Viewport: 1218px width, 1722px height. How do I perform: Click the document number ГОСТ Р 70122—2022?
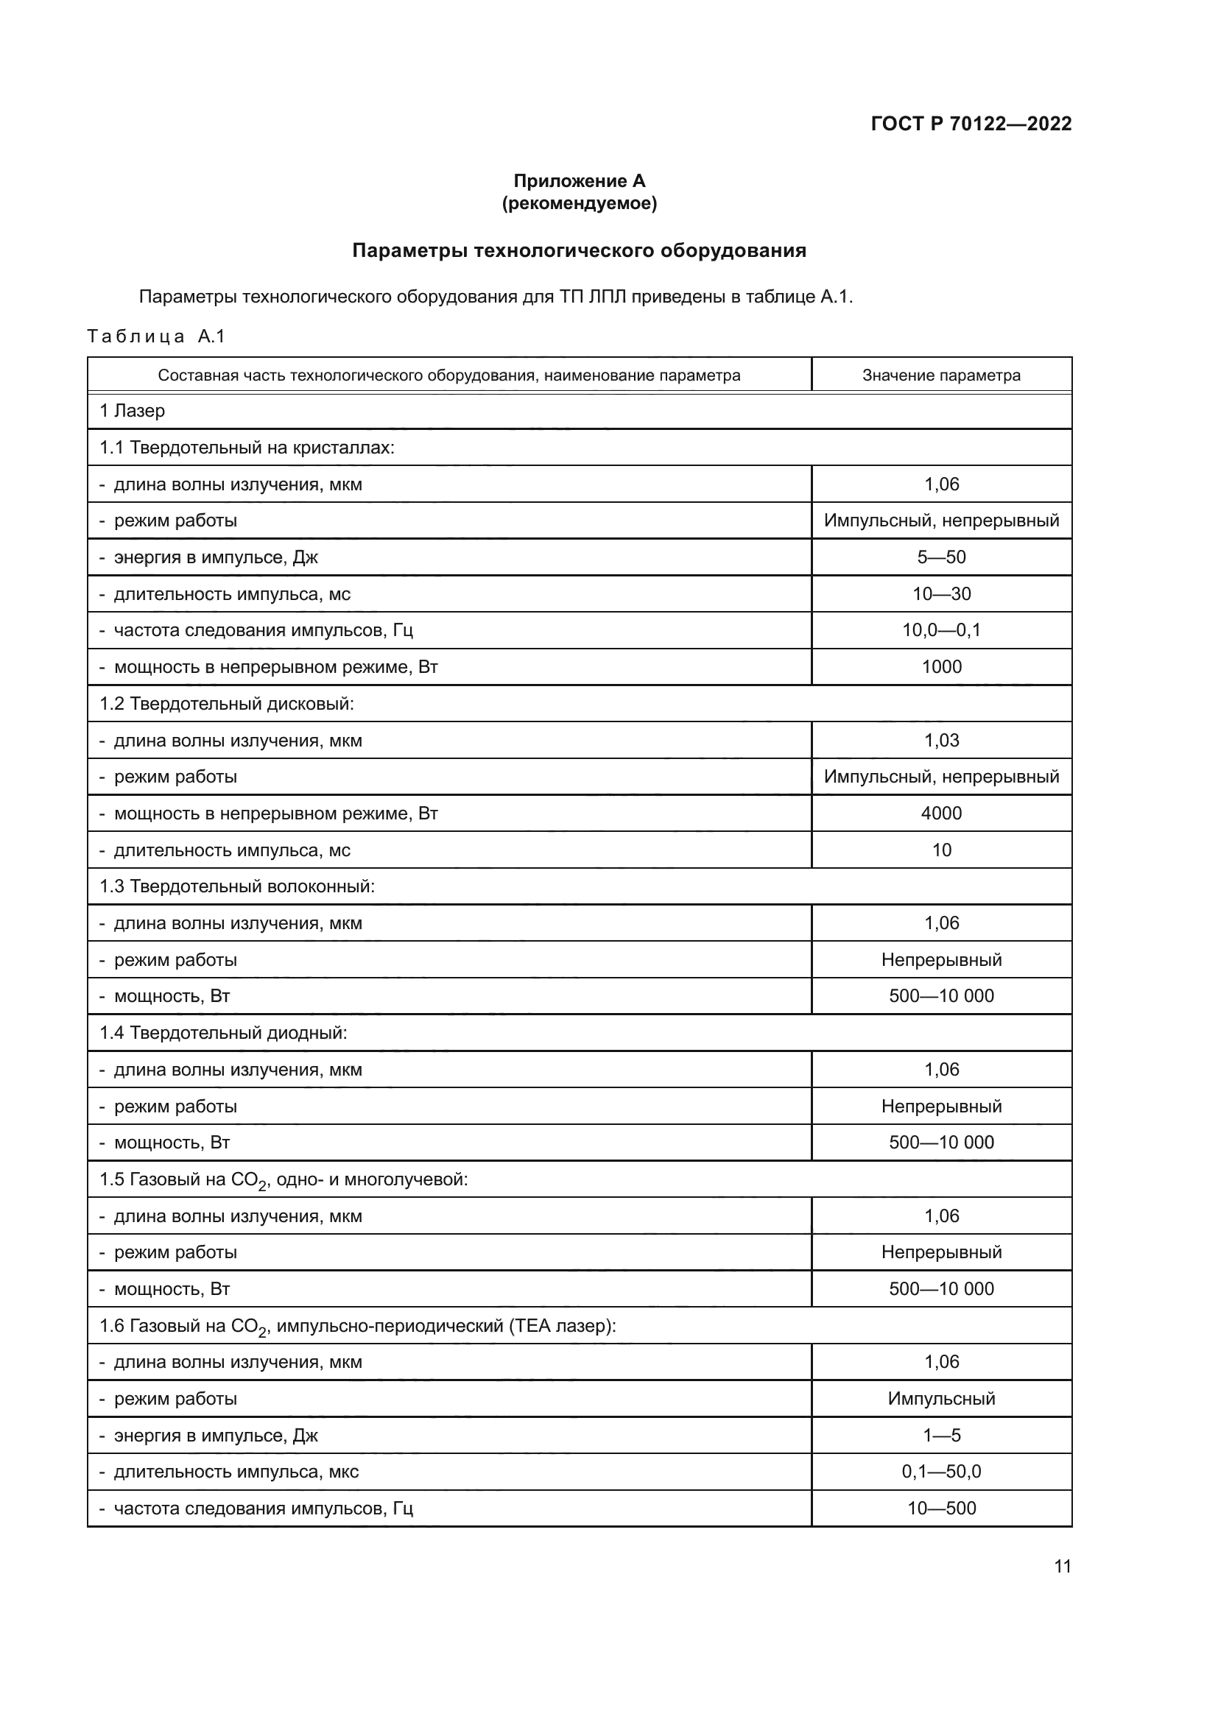(971, 124)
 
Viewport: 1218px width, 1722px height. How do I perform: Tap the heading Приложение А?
(579, 181)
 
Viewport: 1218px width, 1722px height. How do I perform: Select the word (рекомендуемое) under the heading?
(579, 203)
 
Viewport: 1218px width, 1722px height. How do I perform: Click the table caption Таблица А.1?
(156, 336)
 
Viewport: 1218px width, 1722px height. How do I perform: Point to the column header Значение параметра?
(940, 375)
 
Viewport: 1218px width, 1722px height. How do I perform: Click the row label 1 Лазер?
(132, 411)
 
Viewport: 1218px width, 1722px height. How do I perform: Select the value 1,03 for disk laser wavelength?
(940, 740)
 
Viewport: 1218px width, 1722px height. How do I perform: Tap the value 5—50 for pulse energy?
(940, 557)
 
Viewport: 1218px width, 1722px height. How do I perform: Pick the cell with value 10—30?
(940, 594)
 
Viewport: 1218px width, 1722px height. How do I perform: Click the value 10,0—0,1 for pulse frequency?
(940, 630)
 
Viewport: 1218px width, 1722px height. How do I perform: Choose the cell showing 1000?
(940, 667)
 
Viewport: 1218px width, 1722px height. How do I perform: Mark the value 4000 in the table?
(940, 813)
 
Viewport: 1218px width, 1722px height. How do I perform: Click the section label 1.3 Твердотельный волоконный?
(237, 886)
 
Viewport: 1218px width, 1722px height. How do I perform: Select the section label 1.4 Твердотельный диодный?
(224, 1033)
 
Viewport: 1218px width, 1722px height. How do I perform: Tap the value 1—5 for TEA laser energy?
(940, 1435)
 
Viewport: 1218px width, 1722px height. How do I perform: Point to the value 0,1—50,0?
(940, 1471)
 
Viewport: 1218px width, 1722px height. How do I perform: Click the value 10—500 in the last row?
(940, 1508)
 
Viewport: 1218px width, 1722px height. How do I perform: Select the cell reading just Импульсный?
(940, 1398)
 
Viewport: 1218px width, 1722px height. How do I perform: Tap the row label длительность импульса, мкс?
(236, 1472)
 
